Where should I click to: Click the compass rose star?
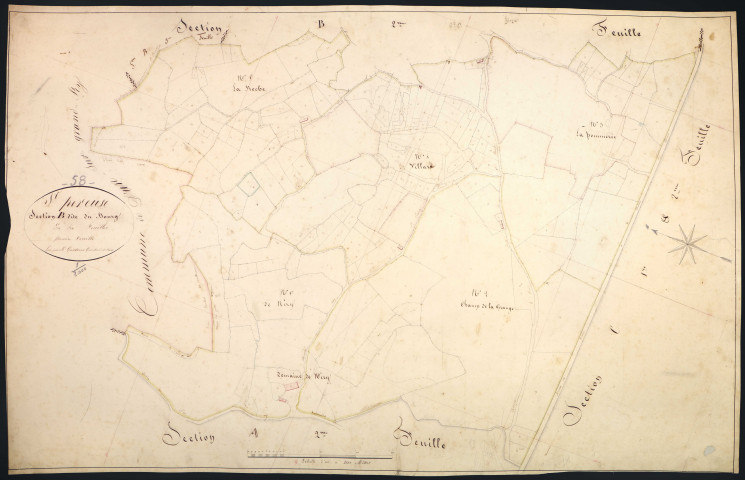(686, 241)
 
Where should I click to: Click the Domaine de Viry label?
(302, 376)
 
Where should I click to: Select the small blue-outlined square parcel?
(248, 183)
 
